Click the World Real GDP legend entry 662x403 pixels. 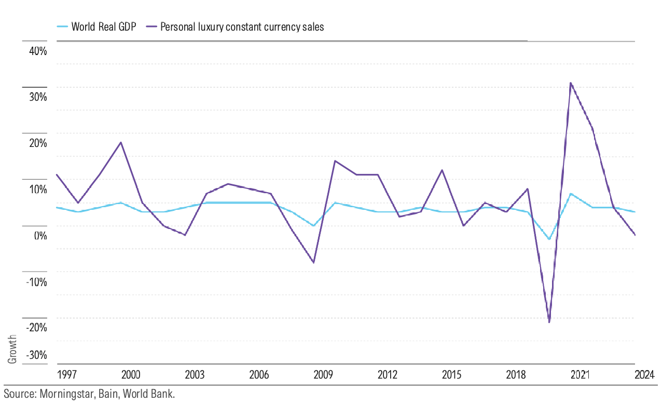click(x=96, y=27)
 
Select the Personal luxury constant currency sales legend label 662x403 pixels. click(x=242, y=27)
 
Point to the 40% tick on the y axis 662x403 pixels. click(x=38, y=51)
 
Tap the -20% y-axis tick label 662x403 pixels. click(x=37, y=328)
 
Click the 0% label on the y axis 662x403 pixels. click(x=40, y=236)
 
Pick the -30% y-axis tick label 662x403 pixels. click(x=37, y=355)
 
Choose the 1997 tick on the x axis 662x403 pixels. click(x=67, y=375)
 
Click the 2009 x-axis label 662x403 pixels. click(x=323, y=375)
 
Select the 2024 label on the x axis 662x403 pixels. click(x=645, y=375)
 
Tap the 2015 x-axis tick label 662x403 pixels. click(x=451, y=375)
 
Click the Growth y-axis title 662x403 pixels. click(x=12, y=349)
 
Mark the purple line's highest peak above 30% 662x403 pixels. click(x=570, y=83)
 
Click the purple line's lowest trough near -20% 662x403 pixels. click(x=549, y=322)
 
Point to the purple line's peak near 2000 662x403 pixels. click(x=121, y=142)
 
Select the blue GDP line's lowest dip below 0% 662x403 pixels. click(x=549, y=239)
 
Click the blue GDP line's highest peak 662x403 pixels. click(x=571, y=194)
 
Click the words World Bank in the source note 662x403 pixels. click(x=149, y=394)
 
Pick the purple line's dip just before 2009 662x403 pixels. click(x=313, y=262)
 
